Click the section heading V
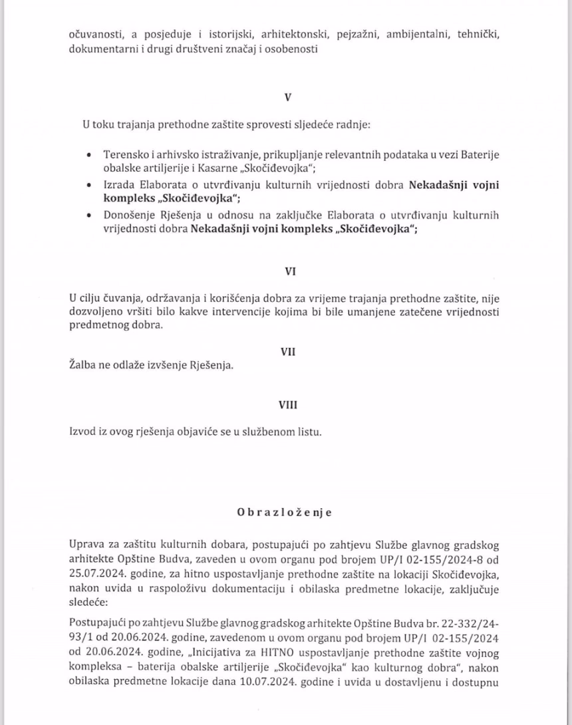[287, 96]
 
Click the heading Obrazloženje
[285, 513]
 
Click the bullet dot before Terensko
[89, 154]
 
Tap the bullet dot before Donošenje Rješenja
[89, 216]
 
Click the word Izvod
[82, 432]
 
